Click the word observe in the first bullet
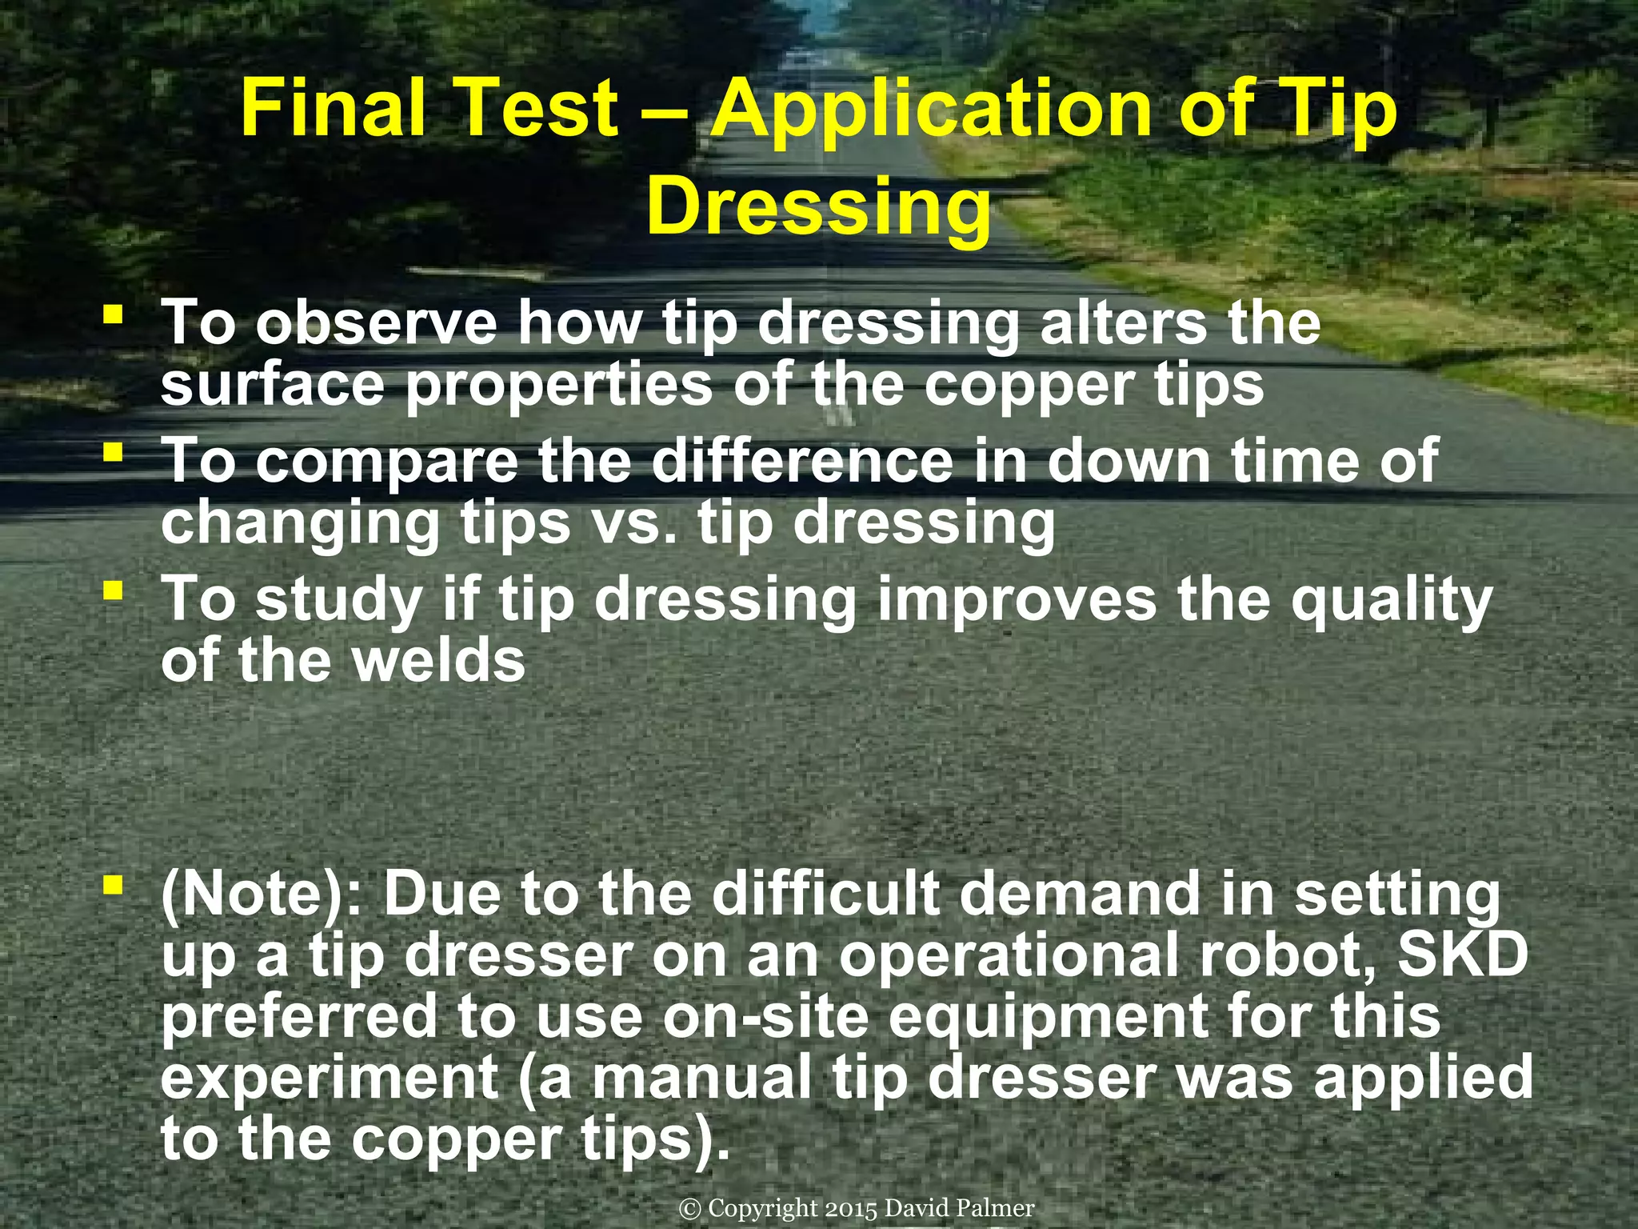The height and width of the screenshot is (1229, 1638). [376, 322]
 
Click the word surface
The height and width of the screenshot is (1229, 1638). [273, 384]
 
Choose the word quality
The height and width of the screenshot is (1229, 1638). [1392, 600]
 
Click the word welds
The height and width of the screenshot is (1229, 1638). [440, 661]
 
